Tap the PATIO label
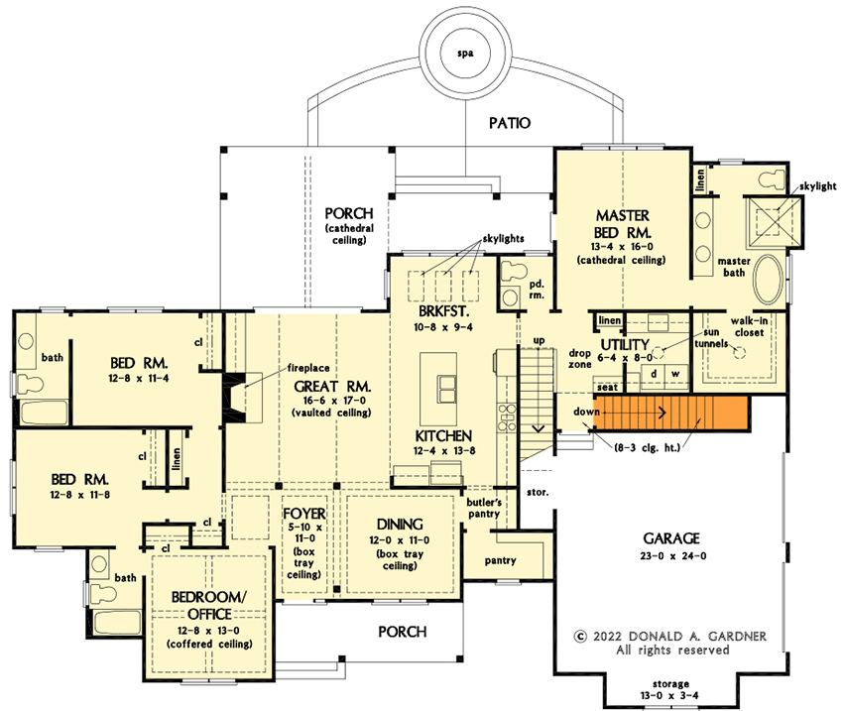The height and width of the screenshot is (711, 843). click(x=510, y=124)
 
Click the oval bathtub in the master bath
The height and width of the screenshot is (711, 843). click(x=768, y=281)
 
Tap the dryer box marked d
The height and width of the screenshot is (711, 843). click(x=655, y=373)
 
